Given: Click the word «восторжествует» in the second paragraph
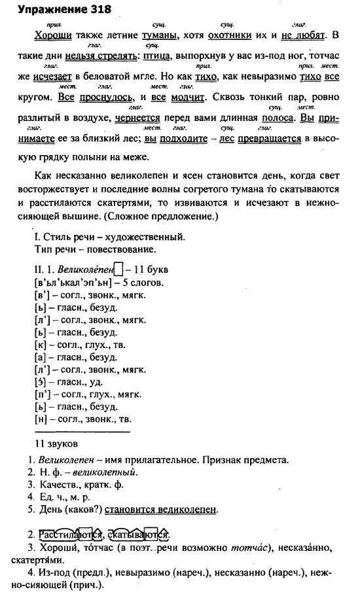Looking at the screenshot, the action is click(x=69, y=190).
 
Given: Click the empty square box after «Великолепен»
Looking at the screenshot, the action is click(x=118, y=269).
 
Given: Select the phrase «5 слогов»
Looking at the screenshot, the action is click(x=141, y=283).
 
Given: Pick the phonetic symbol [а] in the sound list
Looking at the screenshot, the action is click(x=39, y=357).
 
